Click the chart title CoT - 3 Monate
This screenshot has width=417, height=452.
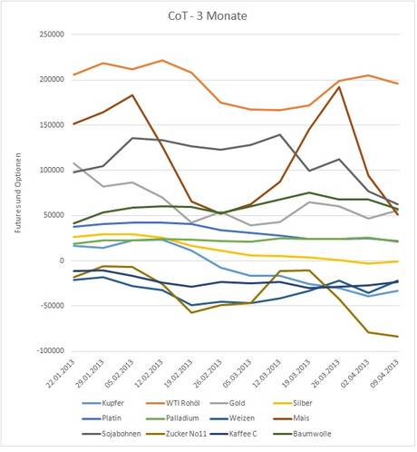pyautogui.click(x=208, y=15)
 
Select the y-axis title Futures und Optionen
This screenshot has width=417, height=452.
pyautogui.click(x=18, y=192)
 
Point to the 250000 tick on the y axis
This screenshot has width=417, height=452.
pyautogui.click(x=52, y=34)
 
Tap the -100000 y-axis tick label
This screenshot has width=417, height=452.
pyautogui.click(x=51, y=350)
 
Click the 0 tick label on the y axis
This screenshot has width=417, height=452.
pyautogui.click(x=62, y=260)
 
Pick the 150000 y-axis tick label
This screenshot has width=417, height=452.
pyautogui.click(x=52, y=124)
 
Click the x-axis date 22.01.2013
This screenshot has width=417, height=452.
pyautogui.click(x=60, y=373)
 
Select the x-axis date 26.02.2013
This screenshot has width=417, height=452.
pyautogui.click(x=208, y=373)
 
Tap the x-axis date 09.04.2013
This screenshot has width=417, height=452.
pyautogui.click(x=385, y=373)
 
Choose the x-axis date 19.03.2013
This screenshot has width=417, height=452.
pyautogui.click(x=296, y=373)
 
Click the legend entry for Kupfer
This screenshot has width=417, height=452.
pyautogui.click(x=102, y=403)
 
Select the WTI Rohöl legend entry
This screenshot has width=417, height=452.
pyautogui.click(x=173, y=403)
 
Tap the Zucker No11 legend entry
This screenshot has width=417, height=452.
pyautogui.click(x=176, y=434)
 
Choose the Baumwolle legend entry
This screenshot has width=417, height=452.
pyautogui.click(x=302, y=434)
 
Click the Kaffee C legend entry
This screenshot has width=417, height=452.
pyautogui.click(x=233, y=434)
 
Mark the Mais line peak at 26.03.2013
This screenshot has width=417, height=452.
pyautogui.click(x=339, y=87)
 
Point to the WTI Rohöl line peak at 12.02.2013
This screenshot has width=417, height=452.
pyautogui.click(x=162, y=60)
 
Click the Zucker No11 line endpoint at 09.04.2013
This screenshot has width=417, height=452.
pyautogui.click(x=398, y=337)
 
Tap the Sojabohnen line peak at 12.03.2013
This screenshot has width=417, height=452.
pyautogui.click(x=280, y=134)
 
